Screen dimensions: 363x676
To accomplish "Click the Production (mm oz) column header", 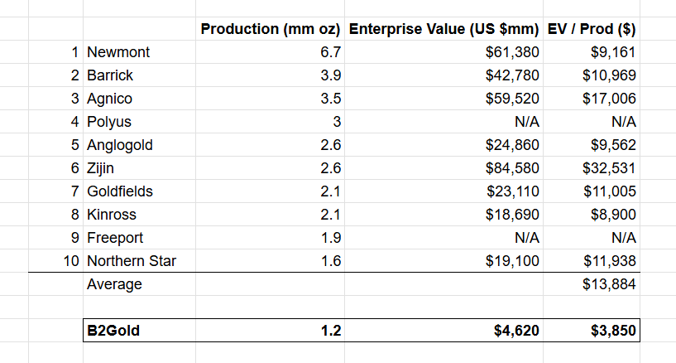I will pos(271,29).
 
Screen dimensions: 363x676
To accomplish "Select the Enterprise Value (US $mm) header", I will pos(444,29).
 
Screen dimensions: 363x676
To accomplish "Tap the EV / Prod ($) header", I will pos(592,29).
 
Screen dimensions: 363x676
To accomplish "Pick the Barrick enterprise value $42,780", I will pos(512,75).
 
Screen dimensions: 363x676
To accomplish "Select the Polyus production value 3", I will pos(336,122).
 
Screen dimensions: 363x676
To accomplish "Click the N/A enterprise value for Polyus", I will pos(527,122).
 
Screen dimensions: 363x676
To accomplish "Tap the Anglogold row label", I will pos(120,145).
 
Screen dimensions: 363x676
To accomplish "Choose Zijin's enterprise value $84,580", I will pos(512,168).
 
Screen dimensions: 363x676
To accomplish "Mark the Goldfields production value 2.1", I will pos(331,191).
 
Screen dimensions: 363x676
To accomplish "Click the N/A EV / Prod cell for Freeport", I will pos(623,238).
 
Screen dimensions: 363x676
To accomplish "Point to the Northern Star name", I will pos(132,262).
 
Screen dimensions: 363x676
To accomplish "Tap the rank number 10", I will pos(70,262).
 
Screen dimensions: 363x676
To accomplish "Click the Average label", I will pos(114,285).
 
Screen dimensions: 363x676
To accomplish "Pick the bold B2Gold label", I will pos(113,332).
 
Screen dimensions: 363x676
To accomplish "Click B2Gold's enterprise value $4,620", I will pos(515,332).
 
